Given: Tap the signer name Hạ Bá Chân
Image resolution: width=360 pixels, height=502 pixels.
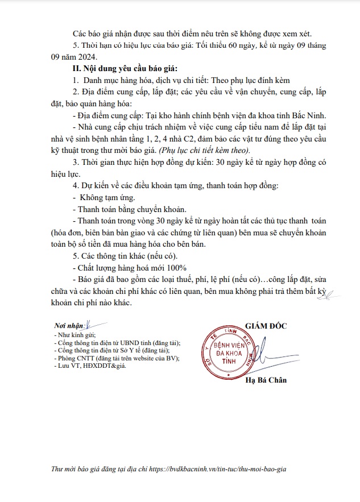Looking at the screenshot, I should point(266,380).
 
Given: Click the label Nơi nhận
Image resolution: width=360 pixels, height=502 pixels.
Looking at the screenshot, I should point(67,326).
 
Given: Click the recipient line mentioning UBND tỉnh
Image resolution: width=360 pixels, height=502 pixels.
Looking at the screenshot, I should point(116,343).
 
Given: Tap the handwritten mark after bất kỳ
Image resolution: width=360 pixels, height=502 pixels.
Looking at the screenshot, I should point(333,293).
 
